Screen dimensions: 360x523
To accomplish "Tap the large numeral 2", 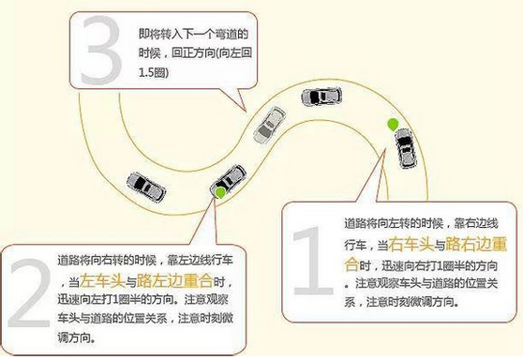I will tap(27, 298).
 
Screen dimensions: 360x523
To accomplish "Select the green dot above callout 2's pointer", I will tap(218, 192).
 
